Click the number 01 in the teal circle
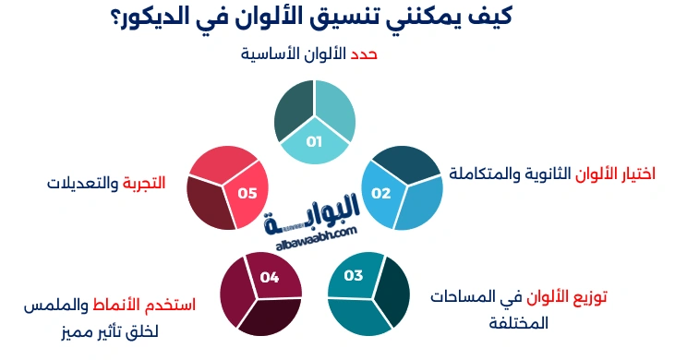[314, 142]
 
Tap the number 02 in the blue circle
[381, 193]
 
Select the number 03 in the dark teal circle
[354, 275]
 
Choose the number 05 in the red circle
[247, 194]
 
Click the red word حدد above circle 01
[363, 54]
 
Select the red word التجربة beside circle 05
[144, 183]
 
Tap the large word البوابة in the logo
[320, 217]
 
